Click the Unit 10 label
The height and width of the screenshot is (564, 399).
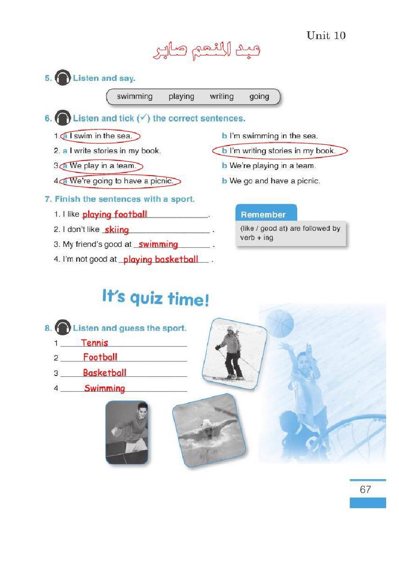click(x=326, y=35)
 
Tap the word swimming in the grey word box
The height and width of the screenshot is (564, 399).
click(x=135, y=97)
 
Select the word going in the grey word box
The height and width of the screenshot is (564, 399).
click(x=259, y=97)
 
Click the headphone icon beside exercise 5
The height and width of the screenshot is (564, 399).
click(x=62, y=77)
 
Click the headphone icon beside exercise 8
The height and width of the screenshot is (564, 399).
click(x=62, y=327)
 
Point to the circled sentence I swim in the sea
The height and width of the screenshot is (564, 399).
click(x=100, y=136)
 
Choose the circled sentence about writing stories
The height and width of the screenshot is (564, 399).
click(x=280, y=151)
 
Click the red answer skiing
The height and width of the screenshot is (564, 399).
click(x=117, y=230)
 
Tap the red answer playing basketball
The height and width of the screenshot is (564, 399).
click(x=161, y=259)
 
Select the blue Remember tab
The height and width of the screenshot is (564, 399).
click(x=266, y=213)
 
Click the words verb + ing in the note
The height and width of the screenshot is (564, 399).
click(x=257, y=238)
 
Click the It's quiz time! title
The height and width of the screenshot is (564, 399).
click(x=156, y=298)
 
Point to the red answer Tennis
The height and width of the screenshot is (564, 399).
click(x=95, y=343)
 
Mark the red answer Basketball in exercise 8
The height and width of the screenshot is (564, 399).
click(x=105, y=373)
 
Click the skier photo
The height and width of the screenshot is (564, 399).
click(x=234, y=353)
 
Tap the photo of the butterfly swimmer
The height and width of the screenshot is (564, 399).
click(x=209, y=431)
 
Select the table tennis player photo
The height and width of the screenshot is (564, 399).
click(x=126, y=432)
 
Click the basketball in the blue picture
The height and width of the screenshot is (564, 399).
click(x=280, y=323)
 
